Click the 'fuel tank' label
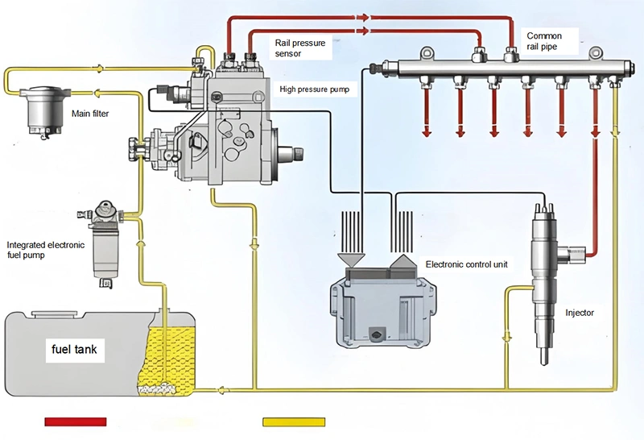point(74,351)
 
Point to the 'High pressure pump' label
point(314,89)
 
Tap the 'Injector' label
point(580,312)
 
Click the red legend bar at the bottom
point(76,421)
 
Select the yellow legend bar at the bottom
point(295,421)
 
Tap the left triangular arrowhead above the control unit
point(352,259)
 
